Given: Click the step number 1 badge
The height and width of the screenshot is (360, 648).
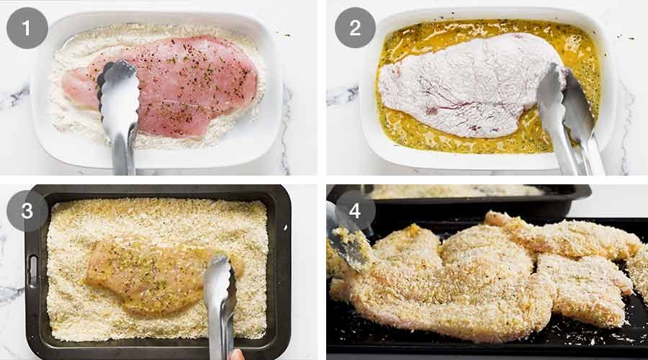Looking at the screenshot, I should (x=27, y=28).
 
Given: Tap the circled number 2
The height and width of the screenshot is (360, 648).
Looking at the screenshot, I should (x=355, y=28).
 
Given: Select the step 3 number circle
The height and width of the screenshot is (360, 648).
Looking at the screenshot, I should (x=27, y=211).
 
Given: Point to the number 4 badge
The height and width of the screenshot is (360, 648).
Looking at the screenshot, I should (x=355, y=211).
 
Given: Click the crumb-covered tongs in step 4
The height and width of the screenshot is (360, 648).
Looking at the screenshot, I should (x=349, y=245).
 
